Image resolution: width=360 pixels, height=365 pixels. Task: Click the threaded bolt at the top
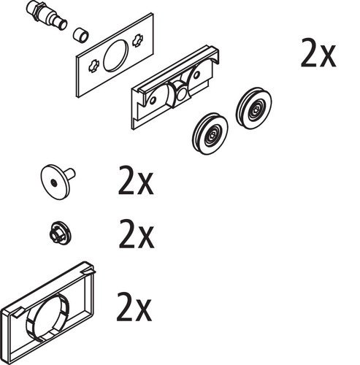click(46, 15)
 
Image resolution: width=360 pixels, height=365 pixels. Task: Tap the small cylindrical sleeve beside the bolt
click(81, 35)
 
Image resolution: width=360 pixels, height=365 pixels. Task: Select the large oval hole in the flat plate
click(115, 55)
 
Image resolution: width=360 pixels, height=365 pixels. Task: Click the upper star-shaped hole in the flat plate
click(138, 40)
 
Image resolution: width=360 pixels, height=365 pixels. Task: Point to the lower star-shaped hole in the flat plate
click(93, 66)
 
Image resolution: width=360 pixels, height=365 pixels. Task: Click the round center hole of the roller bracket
click(182, 94)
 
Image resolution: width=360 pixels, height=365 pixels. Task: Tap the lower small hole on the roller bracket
click(153, 100)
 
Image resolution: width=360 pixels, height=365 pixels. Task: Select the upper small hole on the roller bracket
click(196, 74)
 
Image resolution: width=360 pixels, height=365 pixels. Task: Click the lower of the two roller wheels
click(210, 134)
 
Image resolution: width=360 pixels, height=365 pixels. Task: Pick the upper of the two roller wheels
click(254, 108)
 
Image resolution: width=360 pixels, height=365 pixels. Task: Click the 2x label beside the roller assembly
click(318, 53)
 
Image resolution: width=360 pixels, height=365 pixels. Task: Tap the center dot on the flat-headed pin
click(53, 182)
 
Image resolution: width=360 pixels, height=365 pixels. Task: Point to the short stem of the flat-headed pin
click(69, 174)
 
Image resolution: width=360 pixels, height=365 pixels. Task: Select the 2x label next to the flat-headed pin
click(136, 180)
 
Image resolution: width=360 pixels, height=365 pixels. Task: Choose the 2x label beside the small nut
click(137, 234)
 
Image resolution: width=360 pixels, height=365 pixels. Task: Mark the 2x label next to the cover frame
click(134, 307)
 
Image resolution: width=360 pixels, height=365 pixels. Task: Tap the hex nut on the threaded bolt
click(36, 10)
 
